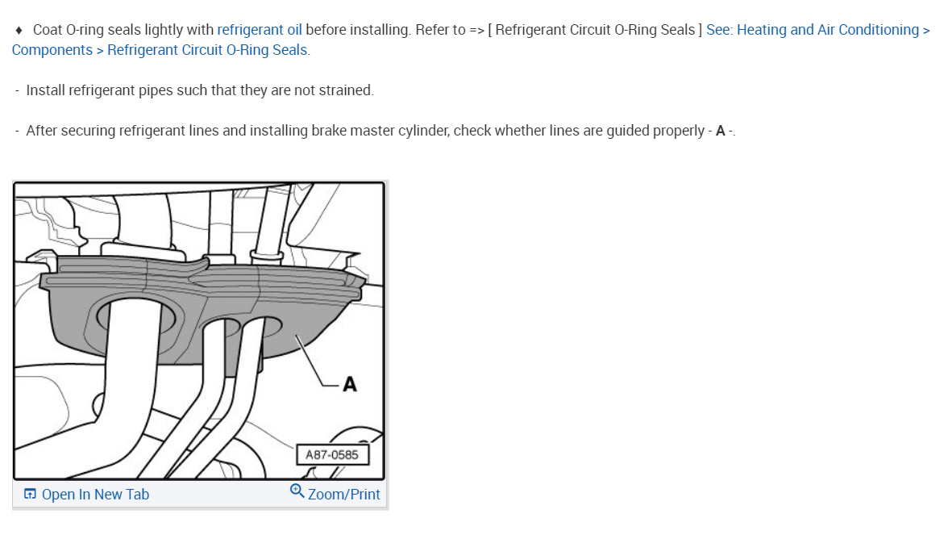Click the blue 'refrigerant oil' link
coord(260,30)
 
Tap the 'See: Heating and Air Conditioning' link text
coord(812,30)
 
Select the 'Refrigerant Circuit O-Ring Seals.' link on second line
coord(208,50)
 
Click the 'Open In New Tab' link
coord(95,495)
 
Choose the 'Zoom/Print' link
coord(343,495)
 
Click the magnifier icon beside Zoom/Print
coord(297,491)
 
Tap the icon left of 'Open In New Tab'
coord(30,495)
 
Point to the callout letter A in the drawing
coord(349,385)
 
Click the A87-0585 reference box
coord(332,455)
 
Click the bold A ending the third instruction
coord(720,131)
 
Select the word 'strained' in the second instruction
coord(348,90)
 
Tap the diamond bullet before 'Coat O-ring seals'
coord(19,30)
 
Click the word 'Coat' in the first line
coord(47,30)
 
